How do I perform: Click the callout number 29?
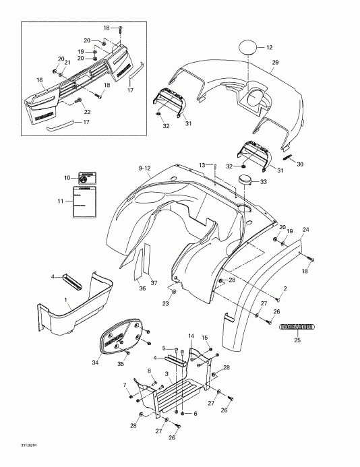pyautogui.click(x=275, y=63)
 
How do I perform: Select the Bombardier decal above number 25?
pyautogui.click(x=300, y=328)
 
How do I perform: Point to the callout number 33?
pyautogui.click(x=264, y=182)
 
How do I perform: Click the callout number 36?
pyautogui.click(x=142, y=289)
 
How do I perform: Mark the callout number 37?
pyautogui.click(x=154, y=283)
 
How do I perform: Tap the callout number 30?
pyautogui.click(x=300, y=164)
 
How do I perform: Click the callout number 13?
pyautogui.click(x=202, y=164)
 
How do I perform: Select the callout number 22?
pyautogui.click(x=86, y=112)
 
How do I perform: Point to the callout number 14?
pyautogui.click(x=191, y=336)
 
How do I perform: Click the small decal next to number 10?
pyautogui.click(x=86, y=178)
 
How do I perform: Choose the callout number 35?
pyautogui.click(x=140, y=365)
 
